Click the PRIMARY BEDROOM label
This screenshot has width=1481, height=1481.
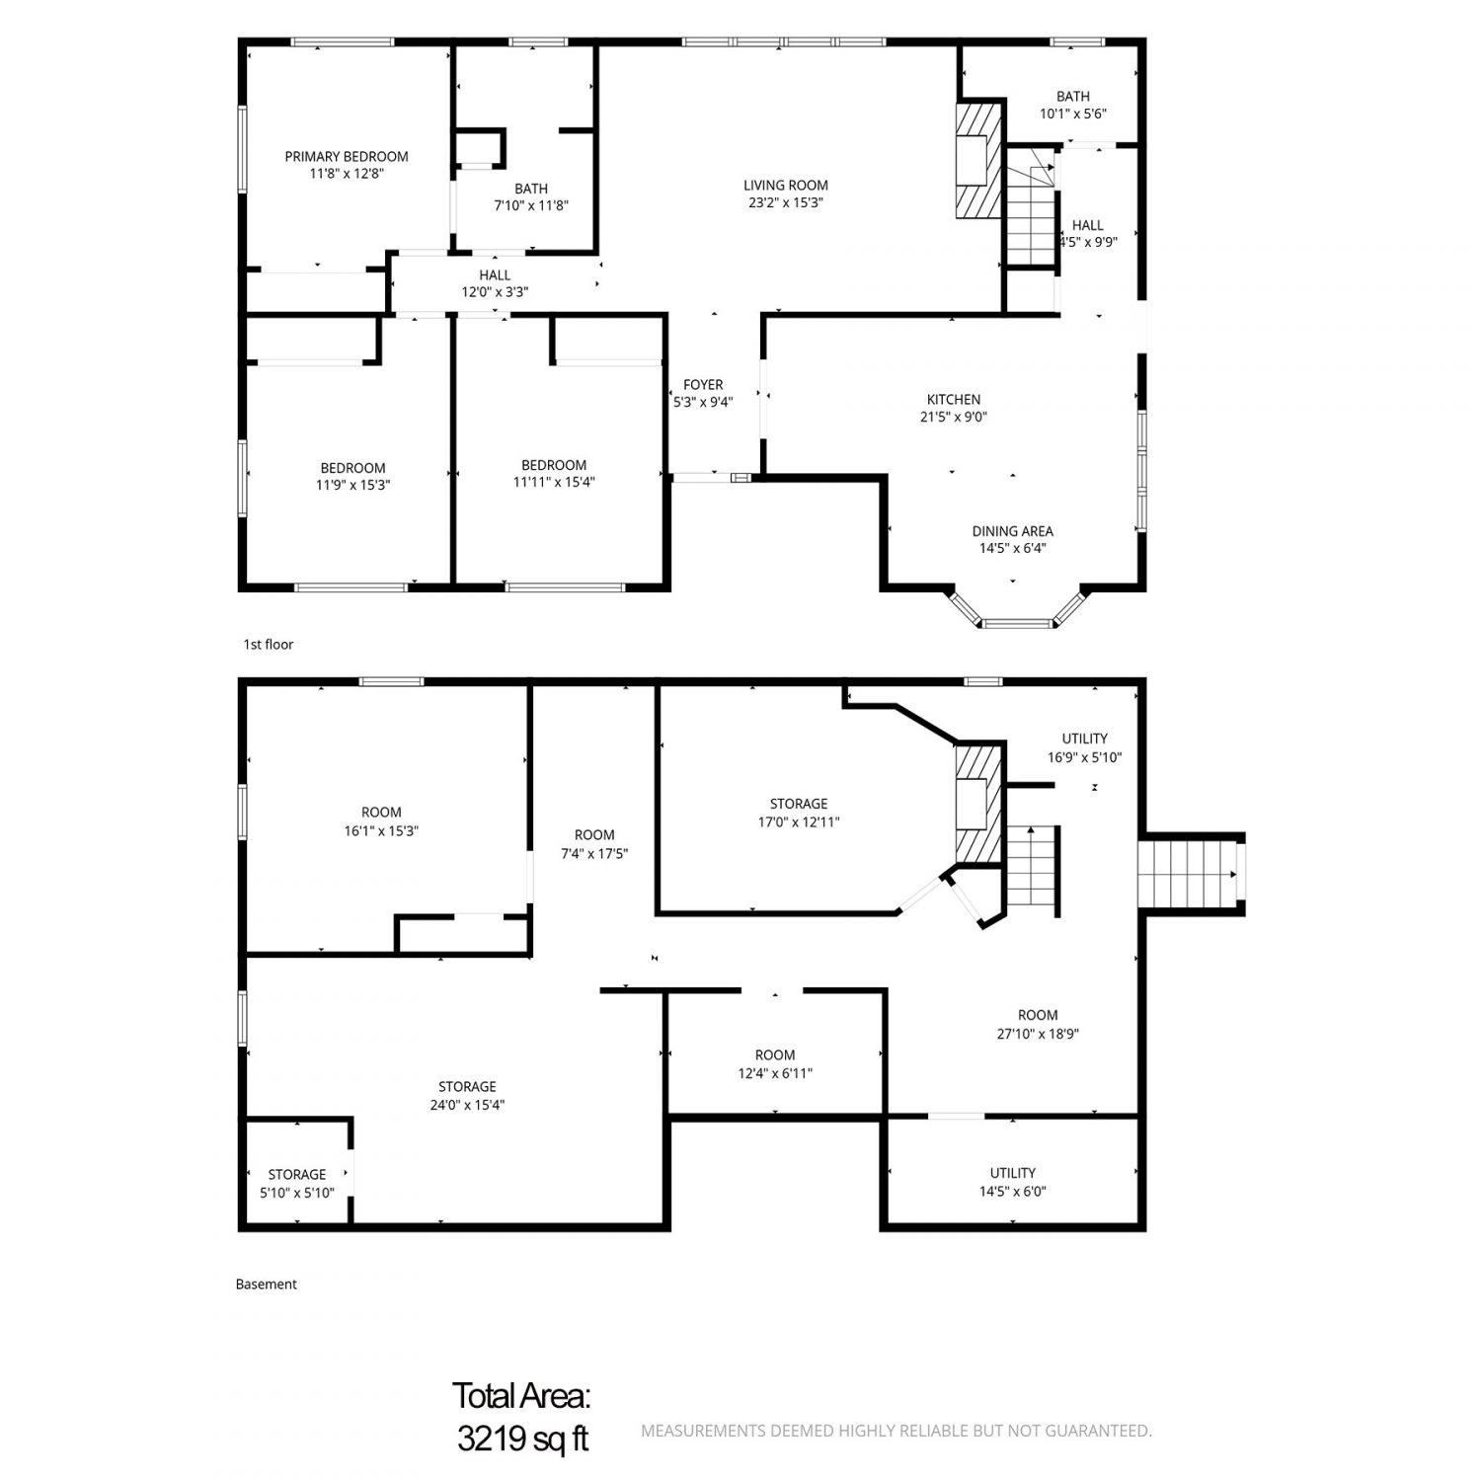tap(347, 156)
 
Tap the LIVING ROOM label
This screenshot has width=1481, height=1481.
tap(786, 185)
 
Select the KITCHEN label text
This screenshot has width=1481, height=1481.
tap(954, 399)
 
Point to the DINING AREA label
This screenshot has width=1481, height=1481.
tap(1013, 531)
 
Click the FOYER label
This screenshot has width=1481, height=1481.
tap(703, 384)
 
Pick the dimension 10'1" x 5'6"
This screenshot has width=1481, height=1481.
tap(1073, 114)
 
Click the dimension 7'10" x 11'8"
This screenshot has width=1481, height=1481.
tap(531, 205)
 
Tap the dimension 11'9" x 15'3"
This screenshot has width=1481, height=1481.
tap(352, 485)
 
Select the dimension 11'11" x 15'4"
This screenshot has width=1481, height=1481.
tap(554, 482)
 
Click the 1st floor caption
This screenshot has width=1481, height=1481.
tap(269, 644)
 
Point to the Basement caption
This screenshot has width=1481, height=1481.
tap(267, 1284)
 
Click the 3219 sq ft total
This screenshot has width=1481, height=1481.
tap(522, 1439)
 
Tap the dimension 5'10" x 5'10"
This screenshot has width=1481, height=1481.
tap(297, 1193)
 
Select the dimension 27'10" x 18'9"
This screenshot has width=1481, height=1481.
tap(1038, 1034)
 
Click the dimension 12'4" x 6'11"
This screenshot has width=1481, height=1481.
tap(775, 1073)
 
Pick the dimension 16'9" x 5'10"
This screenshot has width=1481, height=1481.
tap(1085, 757)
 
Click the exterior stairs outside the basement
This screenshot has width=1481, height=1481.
tap(1190, 874)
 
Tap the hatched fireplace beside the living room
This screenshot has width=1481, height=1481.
tap(978, 160)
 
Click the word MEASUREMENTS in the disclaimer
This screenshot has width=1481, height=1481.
tap(701, 1431)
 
